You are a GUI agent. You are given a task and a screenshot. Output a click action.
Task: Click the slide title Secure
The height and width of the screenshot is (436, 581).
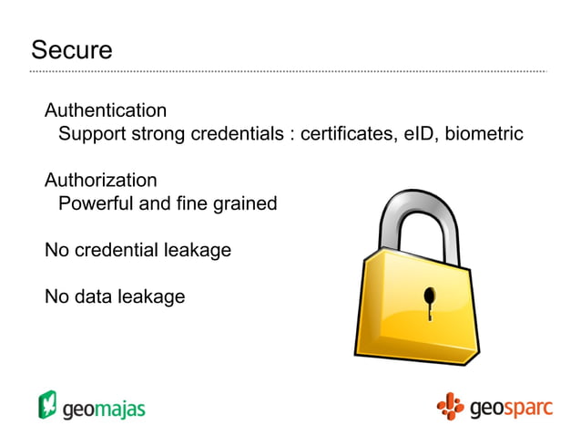point(71,50)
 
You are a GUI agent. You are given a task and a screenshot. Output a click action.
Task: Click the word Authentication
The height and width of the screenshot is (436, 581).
point(106,110)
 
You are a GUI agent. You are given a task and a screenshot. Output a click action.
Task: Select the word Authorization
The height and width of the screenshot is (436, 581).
point(100,180)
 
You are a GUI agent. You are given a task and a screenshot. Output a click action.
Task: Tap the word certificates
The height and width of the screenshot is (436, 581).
point(347,134)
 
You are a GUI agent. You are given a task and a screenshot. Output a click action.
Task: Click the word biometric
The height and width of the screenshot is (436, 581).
point(484,134)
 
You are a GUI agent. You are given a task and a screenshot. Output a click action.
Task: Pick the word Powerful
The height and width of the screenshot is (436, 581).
point(96,203)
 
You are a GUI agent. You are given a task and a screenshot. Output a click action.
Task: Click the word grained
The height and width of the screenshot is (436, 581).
point(244,204)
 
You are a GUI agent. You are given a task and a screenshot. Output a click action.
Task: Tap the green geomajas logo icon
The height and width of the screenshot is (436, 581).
point(47,404)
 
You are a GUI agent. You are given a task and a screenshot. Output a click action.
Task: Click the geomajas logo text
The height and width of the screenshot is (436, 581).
point(104,408)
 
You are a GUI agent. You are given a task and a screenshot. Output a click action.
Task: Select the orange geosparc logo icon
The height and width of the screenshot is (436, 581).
point(449,406)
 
